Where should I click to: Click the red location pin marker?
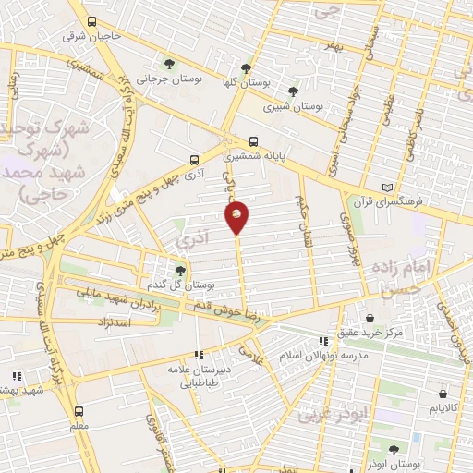[x=237, y=218]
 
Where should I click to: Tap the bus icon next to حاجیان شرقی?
[x=91, y=21]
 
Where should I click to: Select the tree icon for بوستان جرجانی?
[x=170, y=63]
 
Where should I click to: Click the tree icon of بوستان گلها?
[x=245, y=67]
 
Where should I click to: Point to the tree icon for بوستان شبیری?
[x=293, y=91]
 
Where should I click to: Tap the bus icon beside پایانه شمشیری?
[x=253, y=142]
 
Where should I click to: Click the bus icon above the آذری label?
[x=193, y=158]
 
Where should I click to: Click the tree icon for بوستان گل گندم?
[x=180, y=270]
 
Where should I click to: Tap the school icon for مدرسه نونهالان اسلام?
[x=323, y=340]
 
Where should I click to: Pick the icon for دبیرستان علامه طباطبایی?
[x=198, y=354]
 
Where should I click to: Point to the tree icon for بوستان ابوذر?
[x=394, y=449]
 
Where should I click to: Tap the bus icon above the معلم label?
[x=79, y=411]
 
